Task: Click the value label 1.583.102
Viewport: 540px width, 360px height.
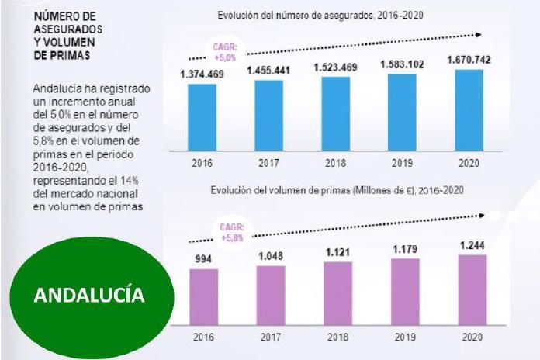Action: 402,64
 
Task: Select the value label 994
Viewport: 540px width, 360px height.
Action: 202,258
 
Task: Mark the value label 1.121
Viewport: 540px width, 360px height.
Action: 335,253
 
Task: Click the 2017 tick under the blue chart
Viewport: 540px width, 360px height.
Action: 268,164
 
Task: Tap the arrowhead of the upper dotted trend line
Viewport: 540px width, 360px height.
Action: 479,35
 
